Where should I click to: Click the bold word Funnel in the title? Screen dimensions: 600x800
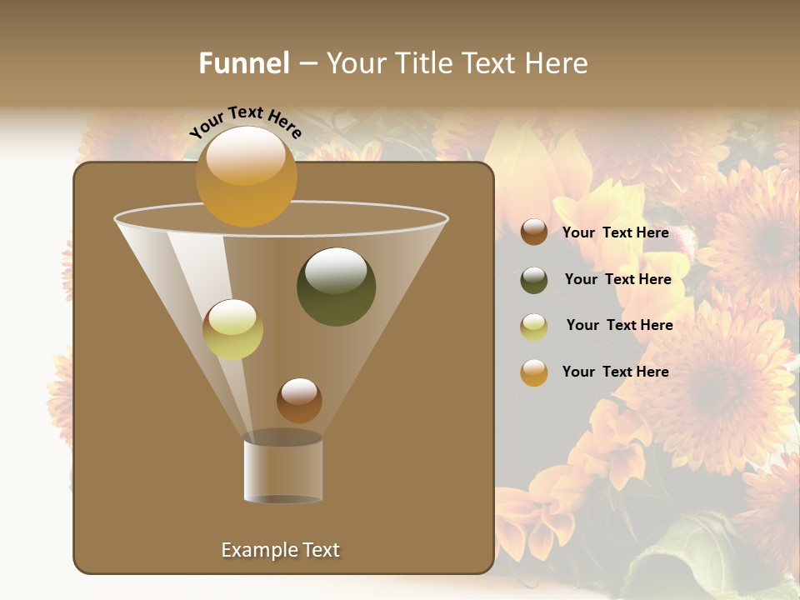[x=243, y=63]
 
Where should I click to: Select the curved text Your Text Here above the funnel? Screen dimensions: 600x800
[x=246, y=121]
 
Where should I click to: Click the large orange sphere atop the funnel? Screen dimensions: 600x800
[x=246, y=177]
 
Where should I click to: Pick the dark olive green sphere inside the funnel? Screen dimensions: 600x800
[x=336, y=287]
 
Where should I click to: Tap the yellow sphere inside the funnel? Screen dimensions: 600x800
[x=232, y=329]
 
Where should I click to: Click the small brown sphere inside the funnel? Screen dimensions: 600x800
[x=299, y=400]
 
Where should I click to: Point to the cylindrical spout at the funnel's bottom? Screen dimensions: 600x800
[x=283, y=470]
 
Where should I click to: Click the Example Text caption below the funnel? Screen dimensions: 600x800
[x=280, y=550]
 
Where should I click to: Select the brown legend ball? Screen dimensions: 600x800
[x=534, y=232]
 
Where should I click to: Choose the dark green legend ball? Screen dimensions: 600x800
[x=534, y=280]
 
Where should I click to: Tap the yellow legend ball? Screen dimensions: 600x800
[x=534, y=327]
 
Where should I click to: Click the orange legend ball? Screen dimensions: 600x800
[x=534, y=372]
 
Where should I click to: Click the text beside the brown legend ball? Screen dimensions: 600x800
[x=615, y=233]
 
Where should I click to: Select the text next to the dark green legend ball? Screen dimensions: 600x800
[x=617, y=280]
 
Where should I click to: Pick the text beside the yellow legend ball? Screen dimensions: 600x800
[x=619, y=326]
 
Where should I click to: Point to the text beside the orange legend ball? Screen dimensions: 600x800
[x=615, y=372]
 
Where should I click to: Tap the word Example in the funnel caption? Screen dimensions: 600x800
[x=257, y=550]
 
